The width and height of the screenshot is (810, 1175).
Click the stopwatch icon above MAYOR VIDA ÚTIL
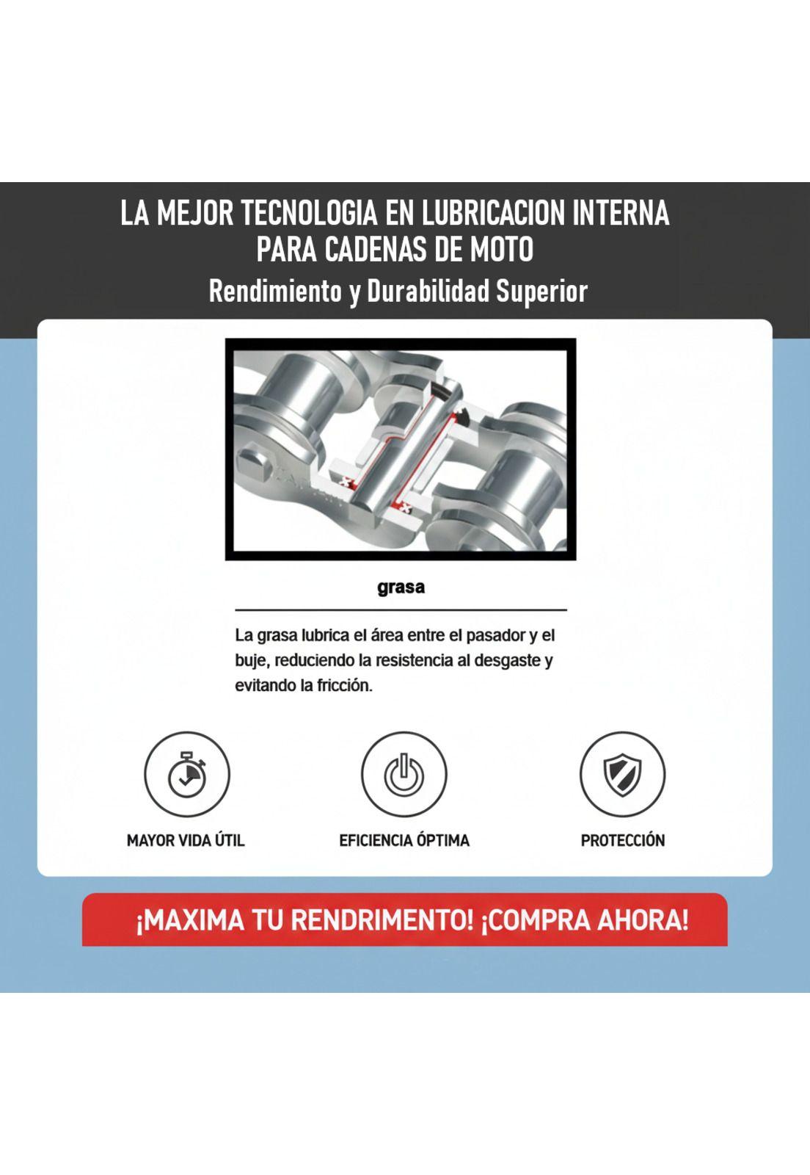point(186,774)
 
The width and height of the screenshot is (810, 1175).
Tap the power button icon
point(404,774)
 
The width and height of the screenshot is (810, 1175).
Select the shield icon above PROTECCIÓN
point(622,774)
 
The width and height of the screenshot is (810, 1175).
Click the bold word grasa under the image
point(401,587)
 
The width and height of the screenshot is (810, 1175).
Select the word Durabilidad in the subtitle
point(428,291)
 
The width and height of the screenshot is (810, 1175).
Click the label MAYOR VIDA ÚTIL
point(186,840)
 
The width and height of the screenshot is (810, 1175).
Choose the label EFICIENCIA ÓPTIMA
point(404,840)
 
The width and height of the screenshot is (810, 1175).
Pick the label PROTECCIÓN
point(622,840)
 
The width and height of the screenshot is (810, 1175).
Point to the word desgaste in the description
point(509,660)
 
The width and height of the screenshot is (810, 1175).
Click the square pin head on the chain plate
point(256,465)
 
